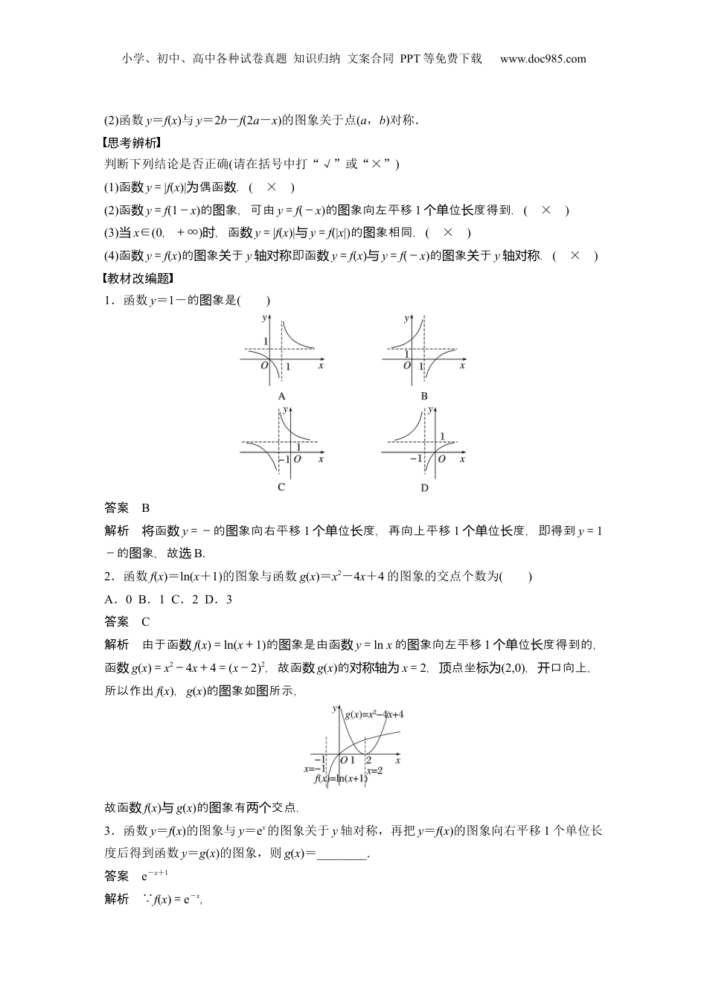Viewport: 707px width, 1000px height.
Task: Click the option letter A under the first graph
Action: coord(281,396)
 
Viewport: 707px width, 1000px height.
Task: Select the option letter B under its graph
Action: coord(423,396)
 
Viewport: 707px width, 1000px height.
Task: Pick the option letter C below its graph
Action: coord(281,487)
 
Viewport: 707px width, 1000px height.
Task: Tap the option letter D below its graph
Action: coord(423,487)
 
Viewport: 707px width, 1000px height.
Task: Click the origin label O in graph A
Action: coord(263,366)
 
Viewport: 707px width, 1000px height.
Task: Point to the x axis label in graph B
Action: coord(462,366)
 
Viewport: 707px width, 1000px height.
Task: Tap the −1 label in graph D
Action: coord(415,459)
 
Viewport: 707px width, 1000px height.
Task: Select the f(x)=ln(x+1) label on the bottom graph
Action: coord(340,778)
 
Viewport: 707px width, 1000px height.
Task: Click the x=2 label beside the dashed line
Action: coord(374,770)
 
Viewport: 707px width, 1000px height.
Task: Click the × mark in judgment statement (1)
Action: coord(272,187)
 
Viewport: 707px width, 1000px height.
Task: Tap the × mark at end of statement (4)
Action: coord(575,255)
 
